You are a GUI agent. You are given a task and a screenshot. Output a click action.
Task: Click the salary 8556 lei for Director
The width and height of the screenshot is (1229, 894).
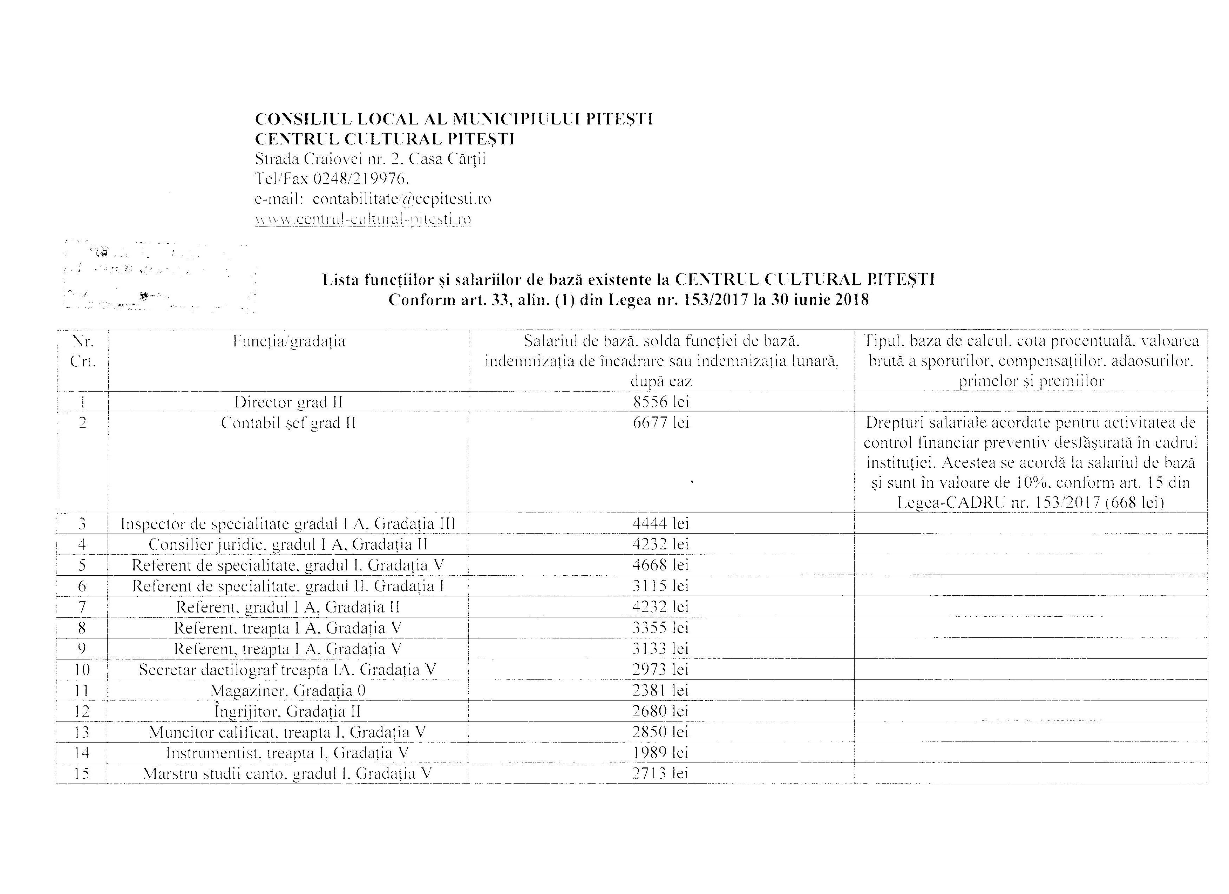(x=660, y=402)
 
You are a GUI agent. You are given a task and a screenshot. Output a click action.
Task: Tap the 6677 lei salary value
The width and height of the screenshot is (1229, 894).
(x=660, y=422)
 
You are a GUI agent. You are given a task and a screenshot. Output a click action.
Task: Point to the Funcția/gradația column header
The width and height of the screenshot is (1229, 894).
(x=289, y=341)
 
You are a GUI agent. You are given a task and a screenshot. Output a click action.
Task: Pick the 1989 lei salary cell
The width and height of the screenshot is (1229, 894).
(x=660, y=753)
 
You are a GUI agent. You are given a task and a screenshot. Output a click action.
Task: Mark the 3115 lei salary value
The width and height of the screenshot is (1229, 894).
(x=660, y=586)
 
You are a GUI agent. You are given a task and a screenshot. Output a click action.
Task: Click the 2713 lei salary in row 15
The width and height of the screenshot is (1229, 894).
(x=660, y=773)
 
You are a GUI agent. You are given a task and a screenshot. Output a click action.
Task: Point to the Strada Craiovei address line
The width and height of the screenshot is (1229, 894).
(x=370, y=159)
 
